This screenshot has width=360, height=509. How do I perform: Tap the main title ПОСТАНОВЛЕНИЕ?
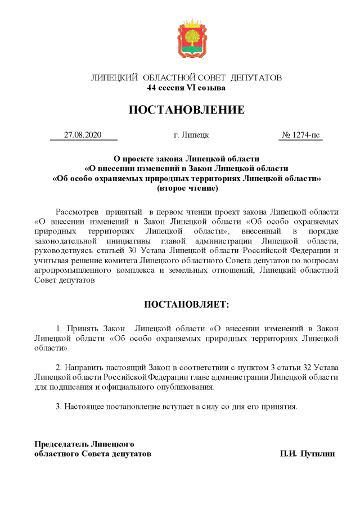(186, 110)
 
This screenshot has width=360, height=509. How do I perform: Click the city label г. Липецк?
(192, 135)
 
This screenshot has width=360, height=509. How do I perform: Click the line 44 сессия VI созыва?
(186, 88)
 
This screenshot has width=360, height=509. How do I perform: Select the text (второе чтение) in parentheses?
(187, 188)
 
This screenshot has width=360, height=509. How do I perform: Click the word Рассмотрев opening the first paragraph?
(76, 212)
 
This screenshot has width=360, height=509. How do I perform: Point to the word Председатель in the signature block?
(62, 444)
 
